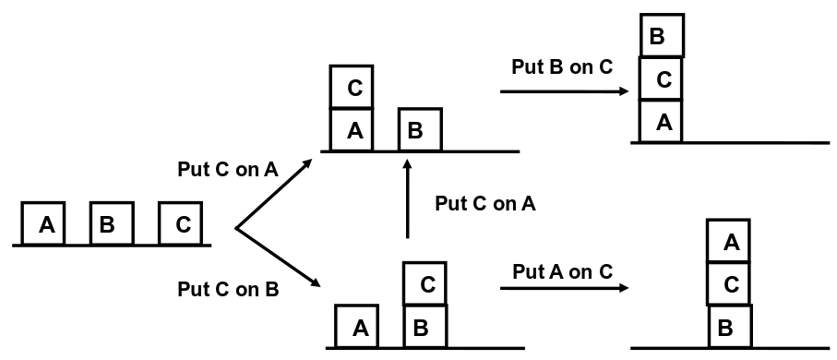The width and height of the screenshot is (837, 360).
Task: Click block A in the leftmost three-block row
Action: coord(44,224)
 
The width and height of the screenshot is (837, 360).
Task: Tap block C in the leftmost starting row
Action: coord(181,224)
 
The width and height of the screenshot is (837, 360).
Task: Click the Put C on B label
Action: coord(228,289)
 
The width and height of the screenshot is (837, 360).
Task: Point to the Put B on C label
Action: coord(561,67)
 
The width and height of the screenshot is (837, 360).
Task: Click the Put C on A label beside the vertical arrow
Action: coord(484,204)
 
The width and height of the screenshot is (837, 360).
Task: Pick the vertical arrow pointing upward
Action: coord(407,198)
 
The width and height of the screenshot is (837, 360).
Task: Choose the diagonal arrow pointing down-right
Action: coord(277,259)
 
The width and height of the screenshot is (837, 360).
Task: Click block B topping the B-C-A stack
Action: coord(662,37)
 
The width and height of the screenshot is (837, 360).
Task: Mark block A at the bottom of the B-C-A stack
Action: coord(661,122)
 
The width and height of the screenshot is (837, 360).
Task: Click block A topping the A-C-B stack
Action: coord(729,242)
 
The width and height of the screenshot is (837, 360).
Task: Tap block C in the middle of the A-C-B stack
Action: coord(729,284)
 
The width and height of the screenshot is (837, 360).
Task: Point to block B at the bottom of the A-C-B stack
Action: coord(729,327)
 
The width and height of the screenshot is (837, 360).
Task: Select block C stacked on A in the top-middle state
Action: coord(353,88)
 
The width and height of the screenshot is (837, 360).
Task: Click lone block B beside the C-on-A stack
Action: coord(420,130)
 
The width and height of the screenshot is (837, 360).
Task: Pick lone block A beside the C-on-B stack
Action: coord(358,327)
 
